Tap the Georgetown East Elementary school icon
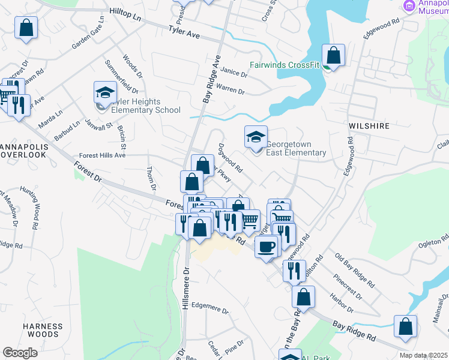[x=256, y=137]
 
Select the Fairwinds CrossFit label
[x=285, y=65]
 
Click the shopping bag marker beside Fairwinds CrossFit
[x=333, y=56]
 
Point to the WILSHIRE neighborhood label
[x=369, y=127]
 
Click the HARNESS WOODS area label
[x=43, y=331]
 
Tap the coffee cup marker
[x=266, y=245]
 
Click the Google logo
[x=20, y=353]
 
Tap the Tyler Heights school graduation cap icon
[x=105, y=94]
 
